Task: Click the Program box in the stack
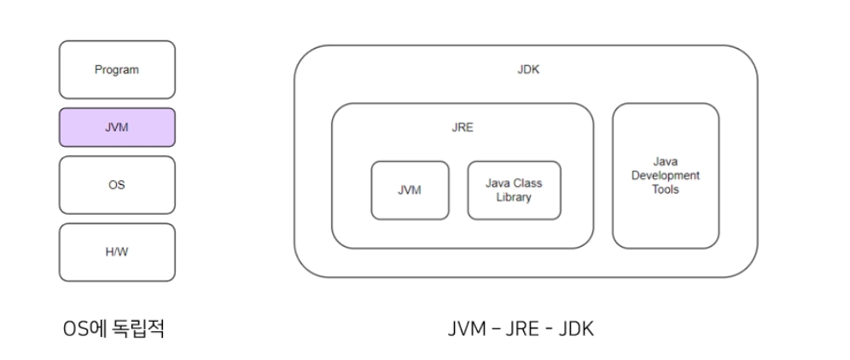(117, 69)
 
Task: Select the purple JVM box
(117, 127)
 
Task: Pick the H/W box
(117, 252)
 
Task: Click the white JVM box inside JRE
(410, 190)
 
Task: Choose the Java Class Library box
(514, 190)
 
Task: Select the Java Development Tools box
(665, 176)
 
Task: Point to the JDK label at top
(528, 70)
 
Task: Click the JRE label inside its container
(463, 128)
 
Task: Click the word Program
(117, 70)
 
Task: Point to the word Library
(514, 198)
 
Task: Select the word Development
(665, 176)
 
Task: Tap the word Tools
(665, 189)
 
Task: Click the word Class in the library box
(527, 183)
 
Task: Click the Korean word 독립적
(137, 328)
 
